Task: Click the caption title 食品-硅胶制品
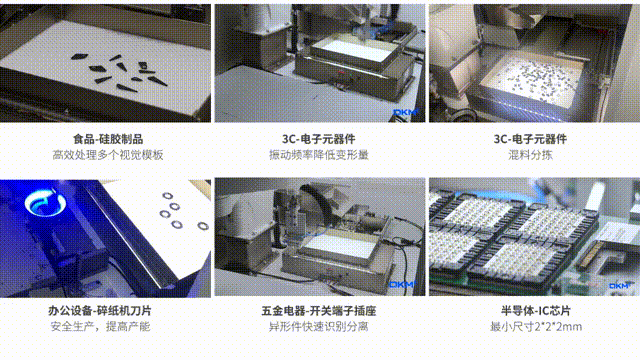(x=107, y=140)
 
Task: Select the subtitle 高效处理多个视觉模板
(x=107, y=157)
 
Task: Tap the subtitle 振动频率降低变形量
(x=319, y=157)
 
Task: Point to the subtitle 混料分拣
(x=532, y=157)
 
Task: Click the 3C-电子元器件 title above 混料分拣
(x=532, y=140)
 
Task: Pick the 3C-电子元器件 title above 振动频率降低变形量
(x=319, y=140)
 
